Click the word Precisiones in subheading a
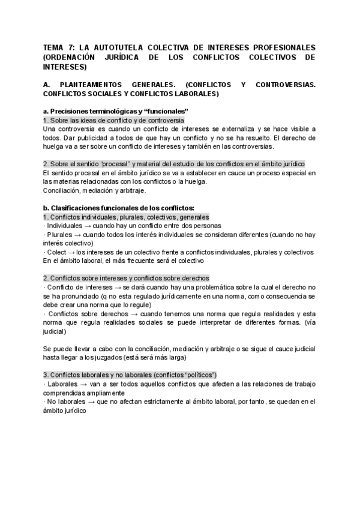[x=71, y=111]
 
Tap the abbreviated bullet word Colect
[x=56, y=252]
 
